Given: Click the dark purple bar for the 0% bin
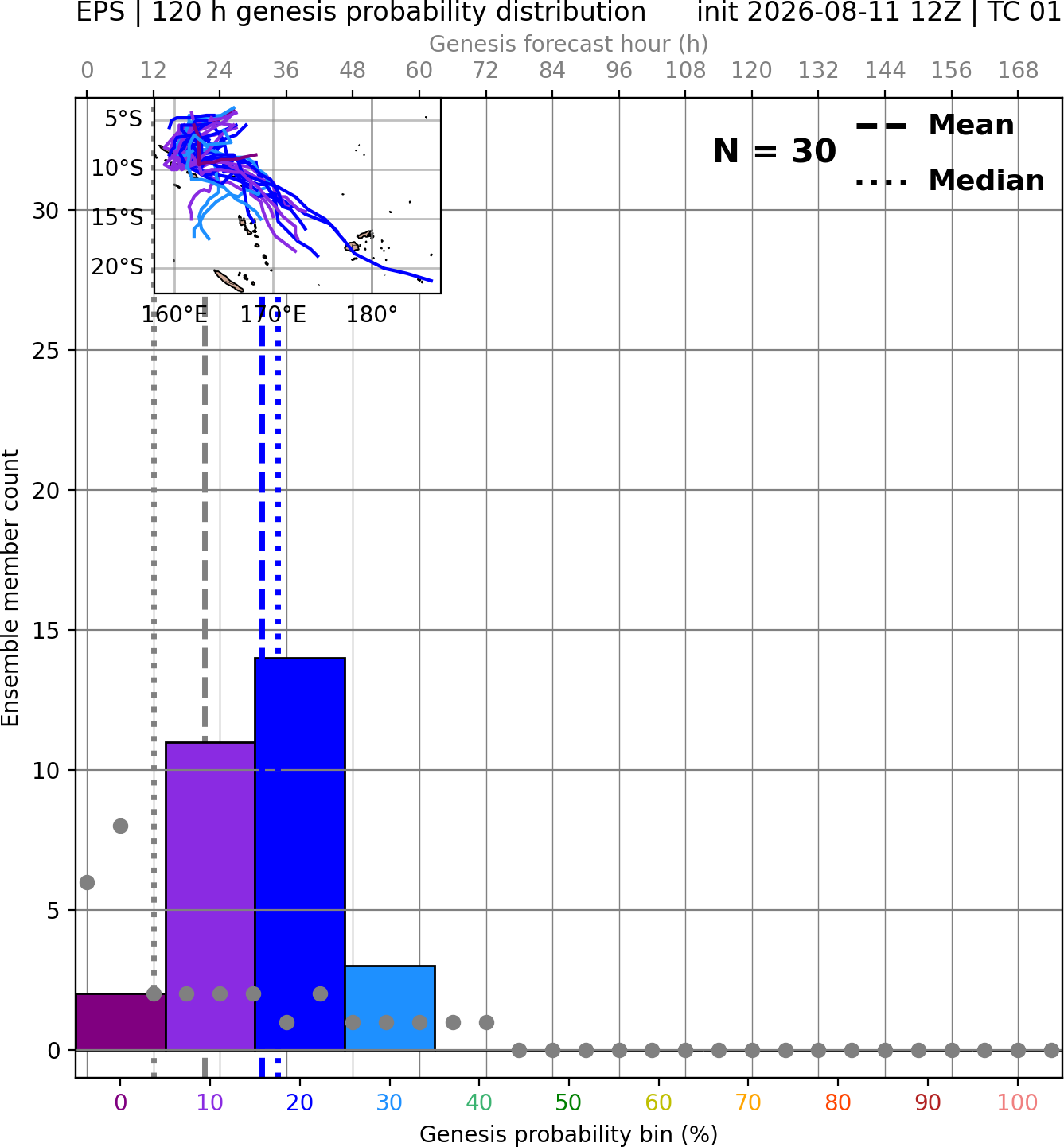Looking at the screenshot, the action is (121, 1021).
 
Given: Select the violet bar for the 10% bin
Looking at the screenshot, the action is (210, 896).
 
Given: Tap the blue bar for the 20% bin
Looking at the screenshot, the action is (300, 853).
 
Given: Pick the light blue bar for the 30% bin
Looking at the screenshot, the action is (390, 1007).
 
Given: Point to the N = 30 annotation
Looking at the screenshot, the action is (774, 151).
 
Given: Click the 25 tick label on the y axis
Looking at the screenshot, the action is (45, 351).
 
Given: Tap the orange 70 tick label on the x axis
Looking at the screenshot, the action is (748, 1103).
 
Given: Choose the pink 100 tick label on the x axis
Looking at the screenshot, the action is (1017, 1103).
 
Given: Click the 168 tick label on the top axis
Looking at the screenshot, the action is (1018, 71).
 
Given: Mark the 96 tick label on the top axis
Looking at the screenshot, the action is (619, 71).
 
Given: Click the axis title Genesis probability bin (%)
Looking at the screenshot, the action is (569, 1134).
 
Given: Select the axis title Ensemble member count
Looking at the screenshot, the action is (10, 588).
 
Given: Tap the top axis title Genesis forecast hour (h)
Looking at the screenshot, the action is (569, 44).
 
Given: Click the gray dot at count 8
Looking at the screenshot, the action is (120, 826).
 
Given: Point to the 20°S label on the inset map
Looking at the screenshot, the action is (117, 266).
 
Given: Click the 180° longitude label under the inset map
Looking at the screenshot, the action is (372, 315).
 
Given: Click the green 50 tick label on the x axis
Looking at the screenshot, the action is (569, 1103).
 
